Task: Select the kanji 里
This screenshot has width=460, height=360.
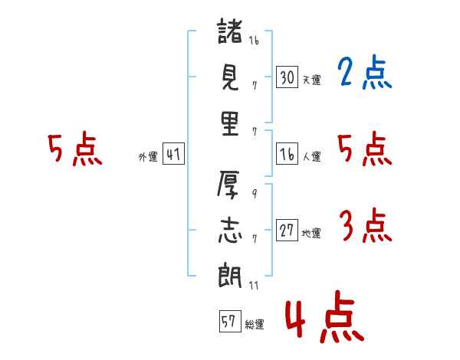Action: click(230, 123)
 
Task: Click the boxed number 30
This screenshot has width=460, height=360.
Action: click(287, 77)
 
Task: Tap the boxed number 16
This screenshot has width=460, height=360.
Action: click(287, 155)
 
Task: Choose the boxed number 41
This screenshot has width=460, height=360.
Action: click(173, 155)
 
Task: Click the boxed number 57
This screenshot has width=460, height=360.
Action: click(228, 322)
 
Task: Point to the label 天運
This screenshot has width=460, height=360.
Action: click(311, 80)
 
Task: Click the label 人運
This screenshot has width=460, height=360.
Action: click(311, 157)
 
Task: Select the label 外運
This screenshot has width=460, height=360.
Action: click(147, 157)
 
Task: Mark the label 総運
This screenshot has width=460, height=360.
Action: click(254, 324)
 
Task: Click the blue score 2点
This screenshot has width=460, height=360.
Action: click(365, 74)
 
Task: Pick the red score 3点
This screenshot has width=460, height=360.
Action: click(365, 227)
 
